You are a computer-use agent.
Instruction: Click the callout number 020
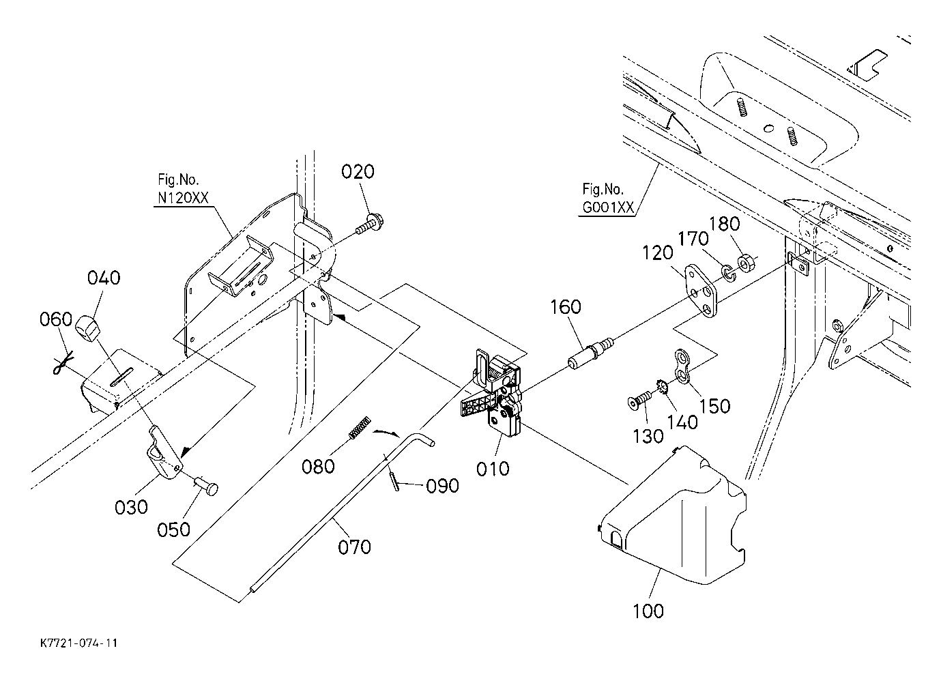point(358,172)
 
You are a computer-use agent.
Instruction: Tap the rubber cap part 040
point(89,326)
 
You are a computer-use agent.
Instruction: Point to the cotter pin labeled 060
point(63,362)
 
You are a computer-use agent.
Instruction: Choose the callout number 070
point(355,547)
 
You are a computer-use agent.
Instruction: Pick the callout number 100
point(648,611)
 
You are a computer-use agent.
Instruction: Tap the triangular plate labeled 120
point(701,291)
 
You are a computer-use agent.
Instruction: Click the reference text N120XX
point(183,198)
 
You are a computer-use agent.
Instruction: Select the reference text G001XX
point(608,207)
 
